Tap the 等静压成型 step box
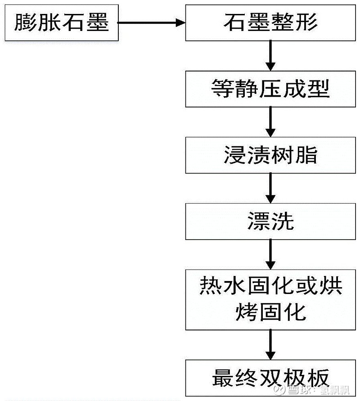tap(270, 89)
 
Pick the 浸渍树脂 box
tap(270, 155)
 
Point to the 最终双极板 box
tap(270, 377)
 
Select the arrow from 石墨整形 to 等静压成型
tap(270, 55)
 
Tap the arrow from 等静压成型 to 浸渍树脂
tap(270, 122)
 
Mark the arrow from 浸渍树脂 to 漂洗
tap(270, 188)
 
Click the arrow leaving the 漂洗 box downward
tap(270, 254)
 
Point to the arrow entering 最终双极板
tap(270, 344)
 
